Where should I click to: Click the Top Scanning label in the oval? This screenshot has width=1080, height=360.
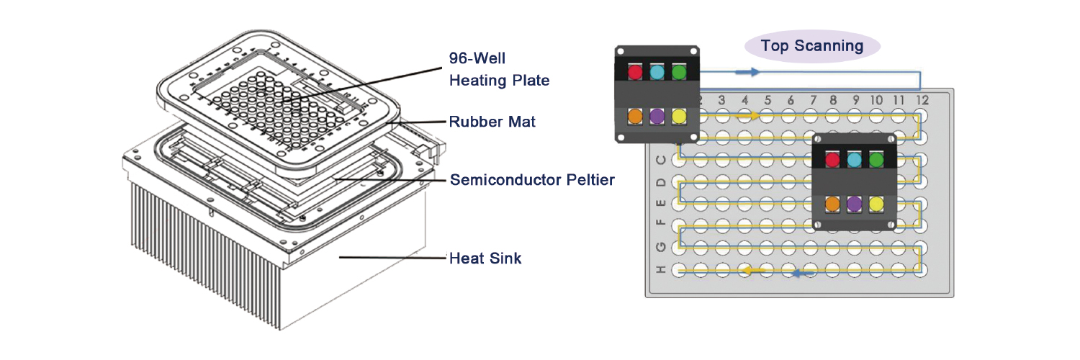pyautogui.click(x=812, y=47)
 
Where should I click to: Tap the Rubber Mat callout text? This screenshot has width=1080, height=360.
pyautogui.click(x=492, y=122)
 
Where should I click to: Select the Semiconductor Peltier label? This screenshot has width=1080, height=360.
pyautogui.click(x=532, y=180)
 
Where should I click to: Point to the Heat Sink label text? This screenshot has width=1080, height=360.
pyautogui.click(x=485, y=258)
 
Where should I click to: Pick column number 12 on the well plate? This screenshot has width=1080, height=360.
pyautogui.click(x=922, y=99)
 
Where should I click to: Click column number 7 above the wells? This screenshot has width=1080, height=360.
pyautogui.click(x=813, y=99)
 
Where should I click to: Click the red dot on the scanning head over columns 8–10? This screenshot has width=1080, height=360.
pyautogui.click(x=832, y=160)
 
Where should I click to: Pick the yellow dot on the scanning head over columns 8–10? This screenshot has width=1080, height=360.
pyautogui.click(x=876, y=204)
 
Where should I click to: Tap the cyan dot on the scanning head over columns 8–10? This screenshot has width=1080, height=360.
pyautogui.click(x=855, y=160)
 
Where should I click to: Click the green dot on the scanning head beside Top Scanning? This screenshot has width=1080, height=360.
pyautogui.click(x=679, y=72)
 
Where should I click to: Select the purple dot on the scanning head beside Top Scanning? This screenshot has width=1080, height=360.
pyautogui.click(x=657, y=115)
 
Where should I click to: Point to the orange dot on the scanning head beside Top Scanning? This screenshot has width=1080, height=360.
pyautogui.click(x=635, y=115)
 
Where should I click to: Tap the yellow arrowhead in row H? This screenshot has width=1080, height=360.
pyautogui.click(x=750, y=270)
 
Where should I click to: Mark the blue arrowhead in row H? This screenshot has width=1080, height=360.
pyautogui.click(x=798, y=273)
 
